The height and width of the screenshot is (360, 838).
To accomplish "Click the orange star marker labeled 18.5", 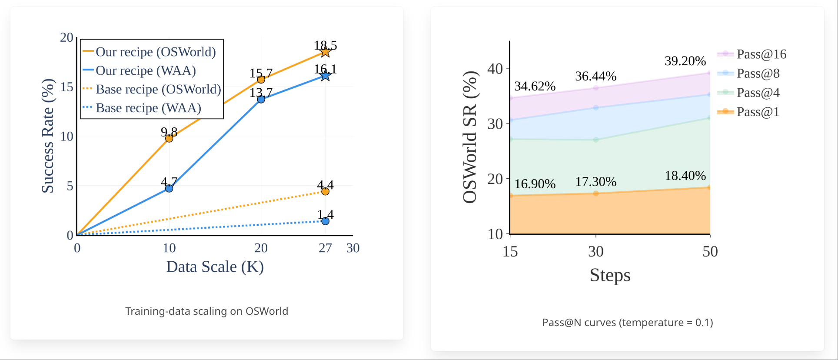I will [x=325, y=52].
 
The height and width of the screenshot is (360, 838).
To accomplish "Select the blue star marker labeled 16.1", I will [x=325, y=76].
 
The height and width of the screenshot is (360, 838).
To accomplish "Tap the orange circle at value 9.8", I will [x=169, y=138].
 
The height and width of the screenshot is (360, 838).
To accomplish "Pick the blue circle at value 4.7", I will [x=169, y=188].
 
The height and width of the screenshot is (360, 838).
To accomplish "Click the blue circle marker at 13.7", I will [x=261, y=99].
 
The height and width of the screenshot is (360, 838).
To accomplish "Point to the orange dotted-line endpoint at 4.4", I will [x=325, y=191].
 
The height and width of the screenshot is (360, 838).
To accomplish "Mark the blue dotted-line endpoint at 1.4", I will [x=325, y=221].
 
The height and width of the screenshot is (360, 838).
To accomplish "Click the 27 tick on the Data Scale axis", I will [x=325, y=248].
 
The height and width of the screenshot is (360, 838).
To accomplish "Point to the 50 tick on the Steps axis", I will [x=710, y=251].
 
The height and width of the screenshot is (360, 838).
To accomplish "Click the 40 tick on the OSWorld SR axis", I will [x=495, y=69].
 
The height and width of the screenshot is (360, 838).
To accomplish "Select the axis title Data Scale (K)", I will [x=215, y=267].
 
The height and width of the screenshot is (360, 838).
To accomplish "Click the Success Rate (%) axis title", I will [x=47, y=136].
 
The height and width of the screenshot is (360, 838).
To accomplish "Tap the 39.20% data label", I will [x=685, y=61].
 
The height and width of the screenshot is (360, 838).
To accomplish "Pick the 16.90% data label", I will [x=535, y=184].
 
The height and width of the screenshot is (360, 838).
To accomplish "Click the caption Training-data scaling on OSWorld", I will [x=206, y=311].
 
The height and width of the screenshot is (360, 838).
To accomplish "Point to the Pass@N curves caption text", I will [x=627, y=323].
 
